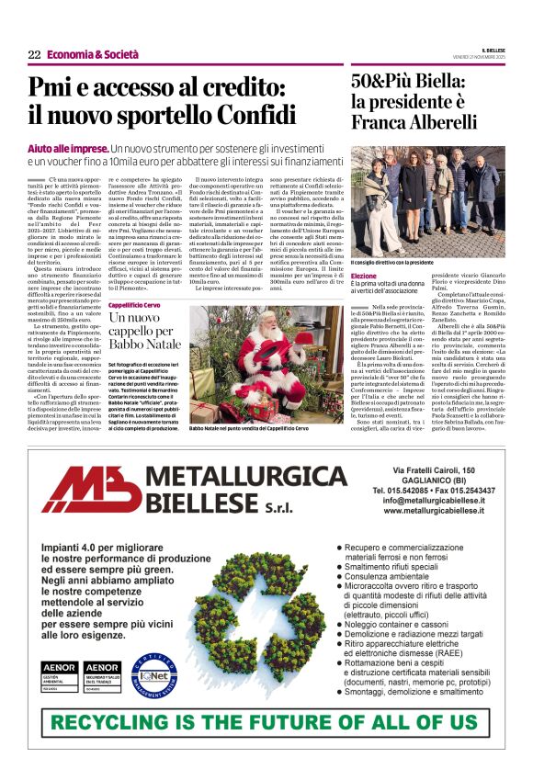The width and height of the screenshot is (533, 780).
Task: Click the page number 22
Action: tap(34, 55)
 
